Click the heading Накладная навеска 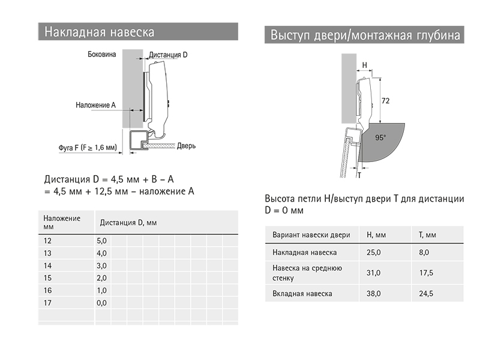[99, 32]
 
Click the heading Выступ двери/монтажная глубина [365, 35]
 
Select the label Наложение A [95, 105]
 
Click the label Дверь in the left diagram [186, 146]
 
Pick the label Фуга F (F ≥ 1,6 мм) [87, 146]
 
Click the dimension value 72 [386, 101]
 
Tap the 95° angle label [380, 137]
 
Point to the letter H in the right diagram [364, 65]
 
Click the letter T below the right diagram [359, 175]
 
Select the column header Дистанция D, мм [128, 223]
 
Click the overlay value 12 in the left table [48, 240]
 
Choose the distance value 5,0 [101, 240]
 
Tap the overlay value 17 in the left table [48, 303]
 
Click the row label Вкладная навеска [302, 294]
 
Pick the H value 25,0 [373, 253]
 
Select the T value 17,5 [426, 273]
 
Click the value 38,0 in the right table [373, 294]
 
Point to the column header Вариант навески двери [311, 234]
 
